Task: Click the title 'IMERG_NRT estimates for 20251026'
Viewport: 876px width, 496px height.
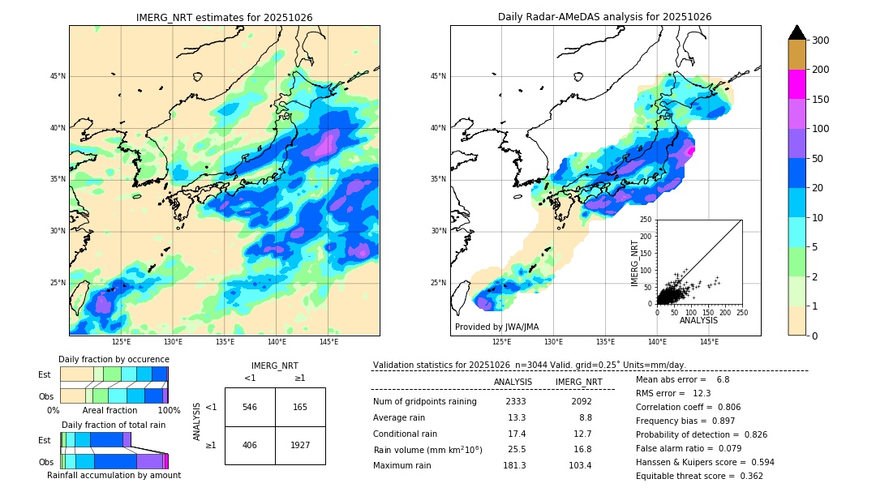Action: point(224,17)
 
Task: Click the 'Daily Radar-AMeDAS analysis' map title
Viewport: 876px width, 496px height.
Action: point(604,17)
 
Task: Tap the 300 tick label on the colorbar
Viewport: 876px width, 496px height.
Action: point(820,41)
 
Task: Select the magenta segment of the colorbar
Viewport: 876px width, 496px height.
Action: point(797,84)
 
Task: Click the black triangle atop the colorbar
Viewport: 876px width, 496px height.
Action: point(797,32)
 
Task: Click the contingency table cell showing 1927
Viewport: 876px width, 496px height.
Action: point(300,445)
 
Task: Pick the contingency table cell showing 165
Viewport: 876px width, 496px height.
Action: point(300,407)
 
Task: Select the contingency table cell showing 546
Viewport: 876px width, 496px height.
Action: point(250,407)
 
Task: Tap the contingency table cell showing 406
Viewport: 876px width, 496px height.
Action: point(250,445)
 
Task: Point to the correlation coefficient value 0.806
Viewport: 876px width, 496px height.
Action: point(723,408)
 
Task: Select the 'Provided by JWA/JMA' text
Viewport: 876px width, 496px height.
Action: point(496,327)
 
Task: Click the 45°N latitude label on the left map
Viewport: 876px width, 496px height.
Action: point(58,77)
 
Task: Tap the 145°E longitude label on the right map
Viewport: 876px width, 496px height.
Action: point(709,343)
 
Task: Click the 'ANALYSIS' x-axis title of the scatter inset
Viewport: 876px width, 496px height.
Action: point(698,321)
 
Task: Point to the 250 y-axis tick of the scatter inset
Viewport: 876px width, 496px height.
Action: point(646,220)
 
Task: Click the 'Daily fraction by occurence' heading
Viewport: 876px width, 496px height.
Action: point(114,360)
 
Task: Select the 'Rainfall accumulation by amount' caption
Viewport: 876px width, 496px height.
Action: point(114,476)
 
